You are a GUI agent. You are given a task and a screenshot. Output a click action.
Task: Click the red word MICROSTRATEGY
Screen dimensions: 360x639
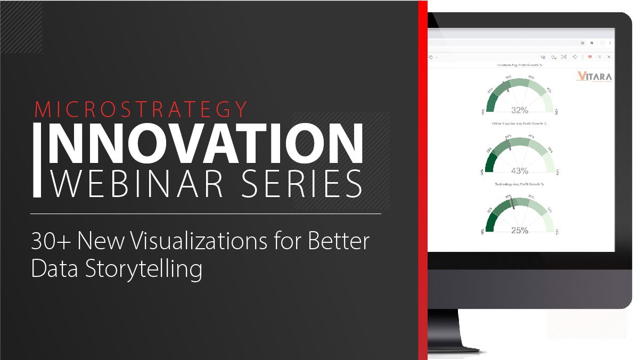(141, 109)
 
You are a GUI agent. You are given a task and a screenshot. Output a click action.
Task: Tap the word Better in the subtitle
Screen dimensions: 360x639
(339, 241)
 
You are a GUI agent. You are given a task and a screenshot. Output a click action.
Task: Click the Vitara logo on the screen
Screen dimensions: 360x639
(594, 77)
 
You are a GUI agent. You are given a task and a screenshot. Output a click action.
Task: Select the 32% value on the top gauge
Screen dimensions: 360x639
(519, 110)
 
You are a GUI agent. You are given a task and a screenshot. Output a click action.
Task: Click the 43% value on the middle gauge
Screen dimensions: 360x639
(519, 170)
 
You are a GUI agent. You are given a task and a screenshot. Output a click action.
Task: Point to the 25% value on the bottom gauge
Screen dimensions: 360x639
(519, 231)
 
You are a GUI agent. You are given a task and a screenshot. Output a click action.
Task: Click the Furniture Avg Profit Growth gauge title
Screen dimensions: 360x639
(519, 65)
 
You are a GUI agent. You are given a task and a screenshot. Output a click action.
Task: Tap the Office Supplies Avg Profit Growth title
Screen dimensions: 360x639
(519, 124)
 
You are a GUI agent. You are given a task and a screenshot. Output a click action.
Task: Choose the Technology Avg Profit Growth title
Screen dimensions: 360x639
(519, 184)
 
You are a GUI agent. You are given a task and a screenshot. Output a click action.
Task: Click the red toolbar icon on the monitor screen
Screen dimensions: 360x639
(589, 56)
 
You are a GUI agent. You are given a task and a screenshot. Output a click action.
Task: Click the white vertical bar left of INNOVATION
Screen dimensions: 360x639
(37, 160)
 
